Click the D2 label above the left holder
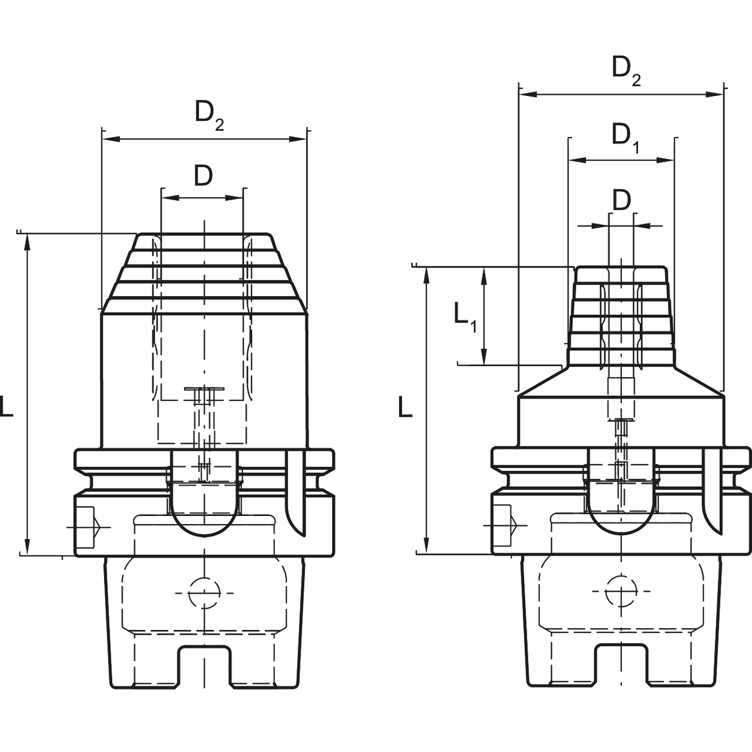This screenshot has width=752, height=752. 209,116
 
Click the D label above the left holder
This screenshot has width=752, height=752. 203,175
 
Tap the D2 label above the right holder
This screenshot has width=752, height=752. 626,71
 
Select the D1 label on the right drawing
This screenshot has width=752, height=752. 626,139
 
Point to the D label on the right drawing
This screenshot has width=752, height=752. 622,201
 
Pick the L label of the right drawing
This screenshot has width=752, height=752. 406,406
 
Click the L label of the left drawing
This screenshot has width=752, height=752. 6,406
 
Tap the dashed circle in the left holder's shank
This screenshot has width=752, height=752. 204,593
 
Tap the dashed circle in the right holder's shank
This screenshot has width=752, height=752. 621,591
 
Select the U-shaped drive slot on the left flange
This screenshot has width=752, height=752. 204,493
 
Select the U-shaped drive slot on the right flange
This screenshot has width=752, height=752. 621,491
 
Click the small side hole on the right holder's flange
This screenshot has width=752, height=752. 502,525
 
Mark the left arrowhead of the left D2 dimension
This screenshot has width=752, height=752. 110,139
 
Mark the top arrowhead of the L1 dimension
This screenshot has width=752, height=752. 484,276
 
